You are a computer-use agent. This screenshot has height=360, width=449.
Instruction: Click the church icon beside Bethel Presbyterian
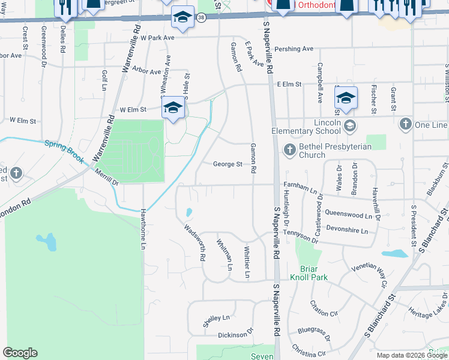[x=289, y=149]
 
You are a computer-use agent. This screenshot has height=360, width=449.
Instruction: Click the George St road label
[x=228, y=164]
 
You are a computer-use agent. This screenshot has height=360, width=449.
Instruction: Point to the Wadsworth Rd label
[x=195, y=243]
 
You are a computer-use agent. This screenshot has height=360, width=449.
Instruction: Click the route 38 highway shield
[x=200, y=17]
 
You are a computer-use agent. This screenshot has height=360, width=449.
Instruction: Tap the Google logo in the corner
[x=20, y=353]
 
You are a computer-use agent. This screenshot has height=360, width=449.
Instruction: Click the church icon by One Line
[x=406, y=125]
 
